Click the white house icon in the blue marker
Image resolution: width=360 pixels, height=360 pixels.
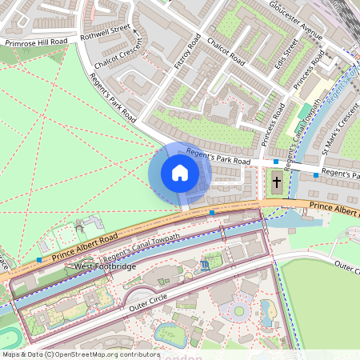pos(180,173)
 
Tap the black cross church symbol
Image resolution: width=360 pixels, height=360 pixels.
pos(277,182)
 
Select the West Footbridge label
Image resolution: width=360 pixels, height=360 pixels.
pos(106,266)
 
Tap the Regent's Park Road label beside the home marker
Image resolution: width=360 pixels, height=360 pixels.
pos(218,156)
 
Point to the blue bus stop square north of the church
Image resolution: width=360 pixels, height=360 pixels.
pos(276,162)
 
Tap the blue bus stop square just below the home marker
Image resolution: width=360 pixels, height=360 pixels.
pos(211,213)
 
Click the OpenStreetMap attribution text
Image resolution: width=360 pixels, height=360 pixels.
pos(80,354)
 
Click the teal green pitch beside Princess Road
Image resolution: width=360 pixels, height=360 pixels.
pos(305,111)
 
